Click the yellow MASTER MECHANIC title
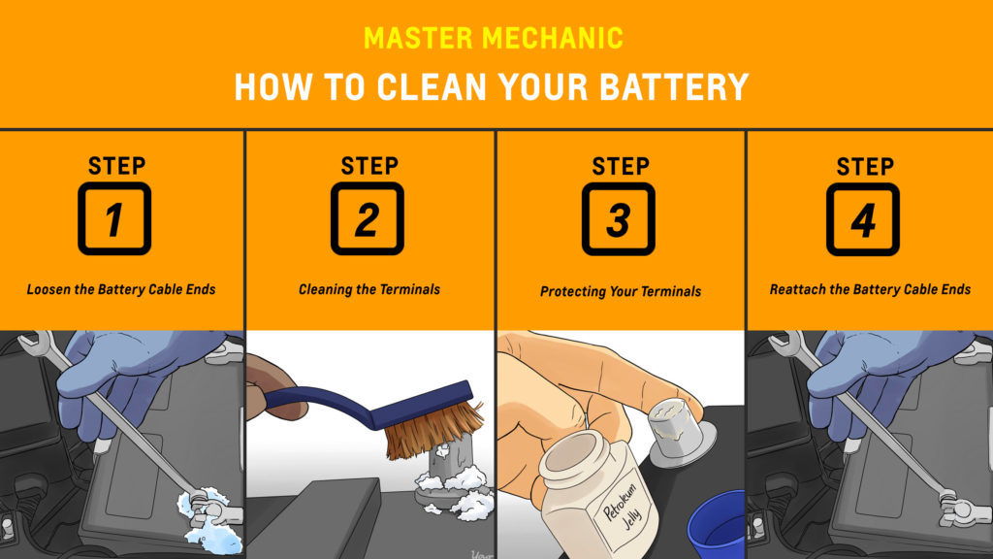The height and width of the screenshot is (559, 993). click(494, 38)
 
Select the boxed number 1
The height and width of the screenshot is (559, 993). click(114, 218)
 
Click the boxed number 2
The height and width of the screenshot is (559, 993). click(368, 218)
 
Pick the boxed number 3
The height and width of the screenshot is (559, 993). click(619, 219)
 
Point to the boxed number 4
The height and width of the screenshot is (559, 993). click(863, 219)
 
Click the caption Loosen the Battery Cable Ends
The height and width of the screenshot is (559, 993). click(121, 289)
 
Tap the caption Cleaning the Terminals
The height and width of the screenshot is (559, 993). click(369, 289)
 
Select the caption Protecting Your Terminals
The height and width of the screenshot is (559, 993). click(621, 291)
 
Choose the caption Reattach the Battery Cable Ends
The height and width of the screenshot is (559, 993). click(870, 289)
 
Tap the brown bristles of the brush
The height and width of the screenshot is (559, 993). click(431, 428)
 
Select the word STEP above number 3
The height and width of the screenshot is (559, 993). click(621, 166)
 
